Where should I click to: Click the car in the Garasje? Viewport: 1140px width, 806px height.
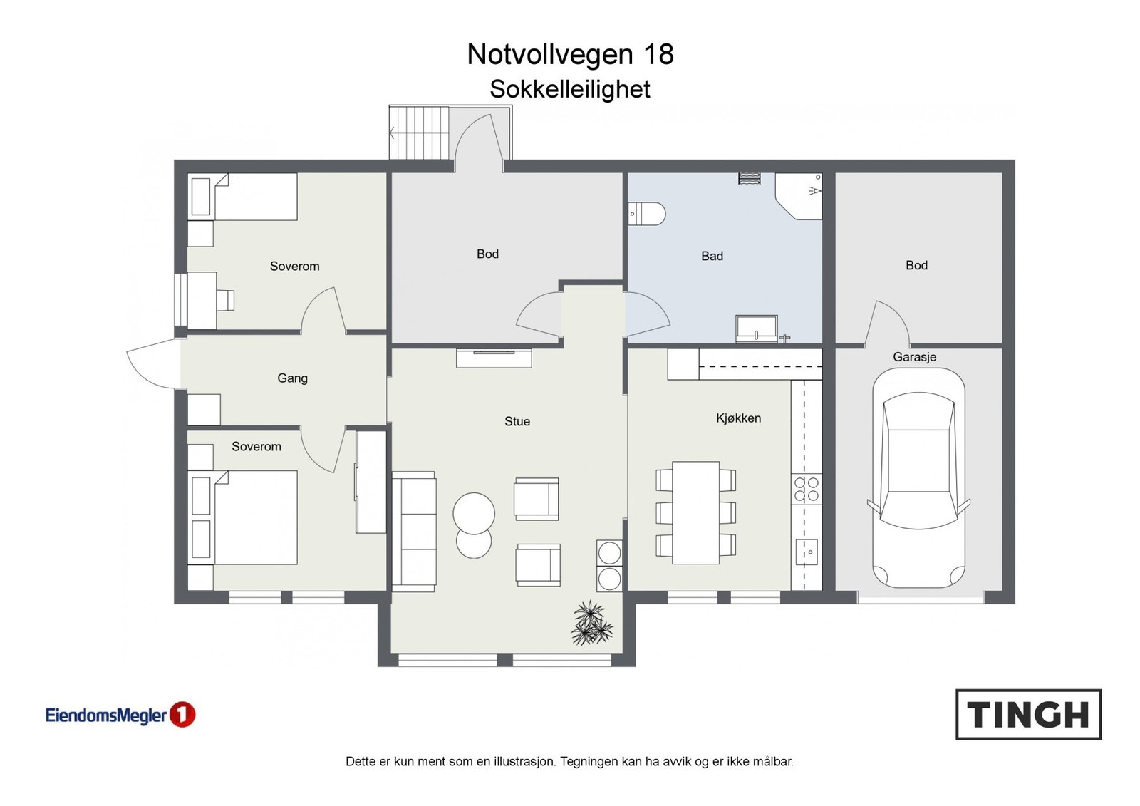click(x=918, y=478)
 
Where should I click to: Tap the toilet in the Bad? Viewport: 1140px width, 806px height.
click(x=646, y=214)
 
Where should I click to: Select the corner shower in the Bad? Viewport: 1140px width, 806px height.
click(x=799, y=197)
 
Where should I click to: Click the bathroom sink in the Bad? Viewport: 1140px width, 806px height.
click(x=757, y=329)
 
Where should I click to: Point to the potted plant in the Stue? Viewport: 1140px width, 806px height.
click(x=591, y=623)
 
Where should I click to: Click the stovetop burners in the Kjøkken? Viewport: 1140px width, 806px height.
click(x=807, y=489)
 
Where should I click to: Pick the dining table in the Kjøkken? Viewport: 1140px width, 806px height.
click(x=695, y=512)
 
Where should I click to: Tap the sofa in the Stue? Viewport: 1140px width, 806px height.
click(x=414, y=532)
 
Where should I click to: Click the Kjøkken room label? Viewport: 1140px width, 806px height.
click(x=738, y=418)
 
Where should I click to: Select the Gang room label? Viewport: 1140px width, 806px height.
click(x=292, y=378)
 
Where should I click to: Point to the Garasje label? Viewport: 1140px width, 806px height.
click(x=915, y=358)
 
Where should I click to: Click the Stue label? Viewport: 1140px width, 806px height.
click(x=517, y=421)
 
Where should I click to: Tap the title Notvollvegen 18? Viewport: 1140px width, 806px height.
click(x=570, y=54)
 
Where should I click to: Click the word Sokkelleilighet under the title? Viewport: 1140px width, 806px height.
click(x=570, y=89)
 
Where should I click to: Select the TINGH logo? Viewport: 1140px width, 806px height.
click(x=1029, y=714)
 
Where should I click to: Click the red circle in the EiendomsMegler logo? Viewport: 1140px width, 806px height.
click(x=182, y=714)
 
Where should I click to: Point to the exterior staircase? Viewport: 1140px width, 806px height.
click(x=420, y=133)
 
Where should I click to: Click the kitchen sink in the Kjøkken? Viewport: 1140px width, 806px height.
click(x=807, y=552)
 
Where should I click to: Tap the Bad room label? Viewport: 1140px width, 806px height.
click(x=712, y=256)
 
